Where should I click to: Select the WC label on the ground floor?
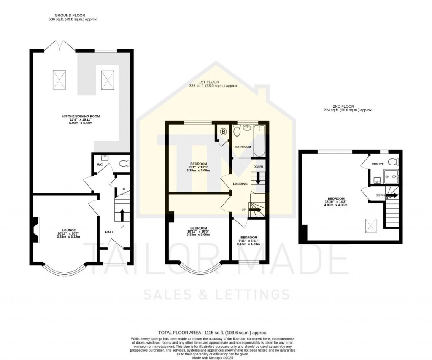pyautogui.click(x=100, y=164)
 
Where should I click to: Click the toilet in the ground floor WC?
pyautogui.click(x=124, y=164)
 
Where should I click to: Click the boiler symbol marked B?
pyautogui.click(x=223, y=132)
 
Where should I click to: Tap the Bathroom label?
pyautogui.click(x=243, y=147)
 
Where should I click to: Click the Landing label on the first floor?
pyautogui.click(x=240, y=184)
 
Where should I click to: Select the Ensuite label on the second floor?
pyautogui.click(x=378, y=164)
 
